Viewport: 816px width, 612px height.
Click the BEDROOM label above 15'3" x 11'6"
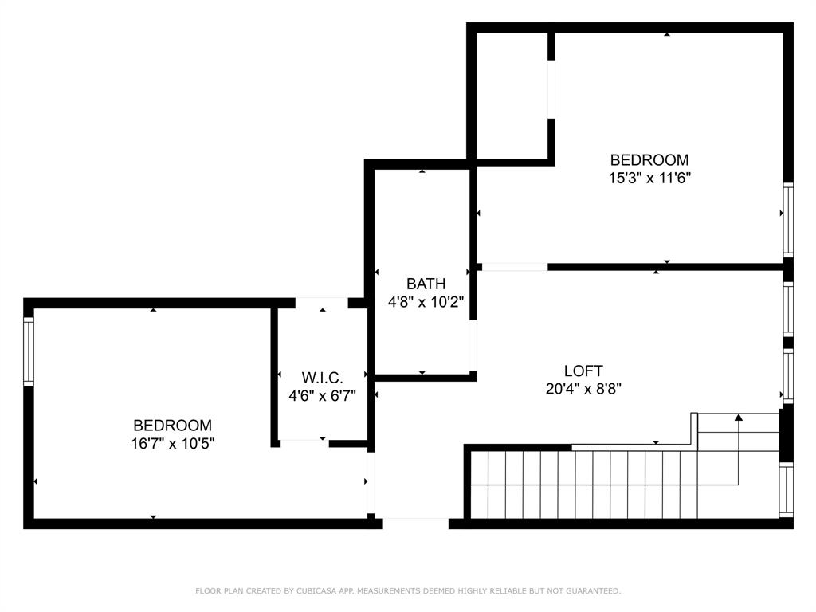pyautogui.click(x=649, y=159)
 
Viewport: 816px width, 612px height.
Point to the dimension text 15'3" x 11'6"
pyautogui.click(x=649, y=178)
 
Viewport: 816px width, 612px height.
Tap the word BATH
pyautogui.click(x=426, y=284)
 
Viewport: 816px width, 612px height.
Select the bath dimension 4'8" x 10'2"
pyautogui.click(x=426, y=302)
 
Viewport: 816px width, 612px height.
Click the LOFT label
pyautogui.click(x=583, y=371)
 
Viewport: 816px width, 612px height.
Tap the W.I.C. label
pyautogui.click(x=322, y=377)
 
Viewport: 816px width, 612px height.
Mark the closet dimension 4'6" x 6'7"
pyautogui.click(x=322, y=395)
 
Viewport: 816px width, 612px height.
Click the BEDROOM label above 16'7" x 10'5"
pyautogui.click(x=172, y=426)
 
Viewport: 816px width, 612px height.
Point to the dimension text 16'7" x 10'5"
pyautogui.click(x=173, y=443)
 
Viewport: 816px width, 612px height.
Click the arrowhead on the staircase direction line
pyautogui.click(x=739, y=416)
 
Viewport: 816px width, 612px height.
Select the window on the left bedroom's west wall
pyautogui.click(x=29, y=351)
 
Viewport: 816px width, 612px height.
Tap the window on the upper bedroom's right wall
pyautogui.click(x=787, y=220)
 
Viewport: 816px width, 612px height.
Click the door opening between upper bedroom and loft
pyautogui.click(x=514, y=267)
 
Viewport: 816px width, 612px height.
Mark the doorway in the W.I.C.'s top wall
pyautogui.click(x=322, y=303)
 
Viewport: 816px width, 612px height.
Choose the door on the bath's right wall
pyautogui.click(x=473, y=346)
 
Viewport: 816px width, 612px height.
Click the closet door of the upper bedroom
pyautogui.click(x=551, y=89)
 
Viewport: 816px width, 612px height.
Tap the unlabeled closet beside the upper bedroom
pyautogui.click(x=511, y=96)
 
